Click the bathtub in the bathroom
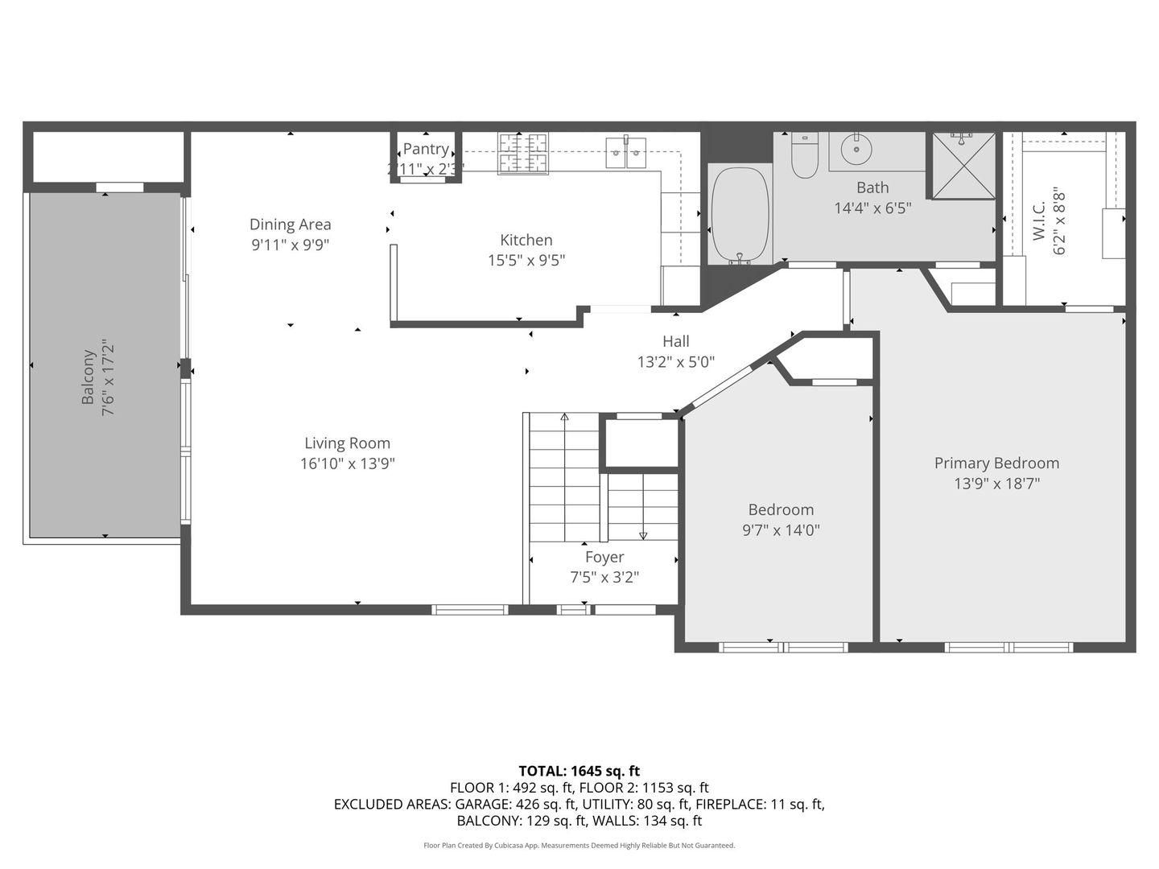(x=740, y=215)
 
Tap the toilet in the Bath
(x=804, y=156)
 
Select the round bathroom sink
(x=856, y=149)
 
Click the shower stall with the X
(x=963, y=165)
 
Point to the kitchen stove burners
(x=523, y=153)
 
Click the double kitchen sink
(x=626, y=152)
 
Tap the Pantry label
(x=426, y=149)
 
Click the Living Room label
(x=347, y=443)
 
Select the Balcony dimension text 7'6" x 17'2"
(x=109, y=377)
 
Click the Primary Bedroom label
(x=996, y=463)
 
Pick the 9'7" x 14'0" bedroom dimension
(x=781, y=530)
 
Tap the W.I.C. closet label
(x=1039, y=220)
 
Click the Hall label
(x=676, y=342)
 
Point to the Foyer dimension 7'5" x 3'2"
(x=604, y=578)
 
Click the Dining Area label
(x=290, y=225)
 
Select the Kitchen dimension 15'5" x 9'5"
(x=526, y=261)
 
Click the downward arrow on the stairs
(x=643, y=534)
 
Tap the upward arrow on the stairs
(x=564, y=418)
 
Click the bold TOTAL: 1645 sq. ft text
(x=579, y=771)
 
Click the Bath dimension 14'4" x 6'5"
(x=872, y=208)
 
